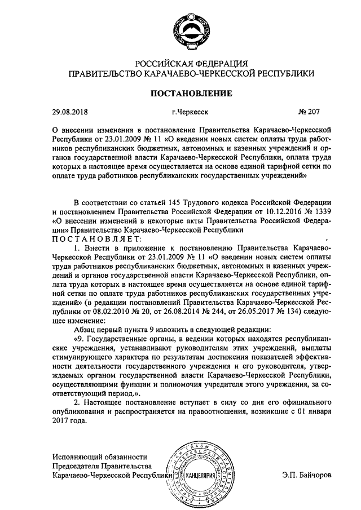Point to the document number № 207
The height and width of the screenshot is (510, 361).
[311, 112]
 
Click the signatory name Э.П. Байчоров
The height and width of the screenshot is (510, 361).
[307, 475]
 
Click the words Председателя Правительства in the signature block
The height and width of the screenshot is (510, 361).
[102, 466]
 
